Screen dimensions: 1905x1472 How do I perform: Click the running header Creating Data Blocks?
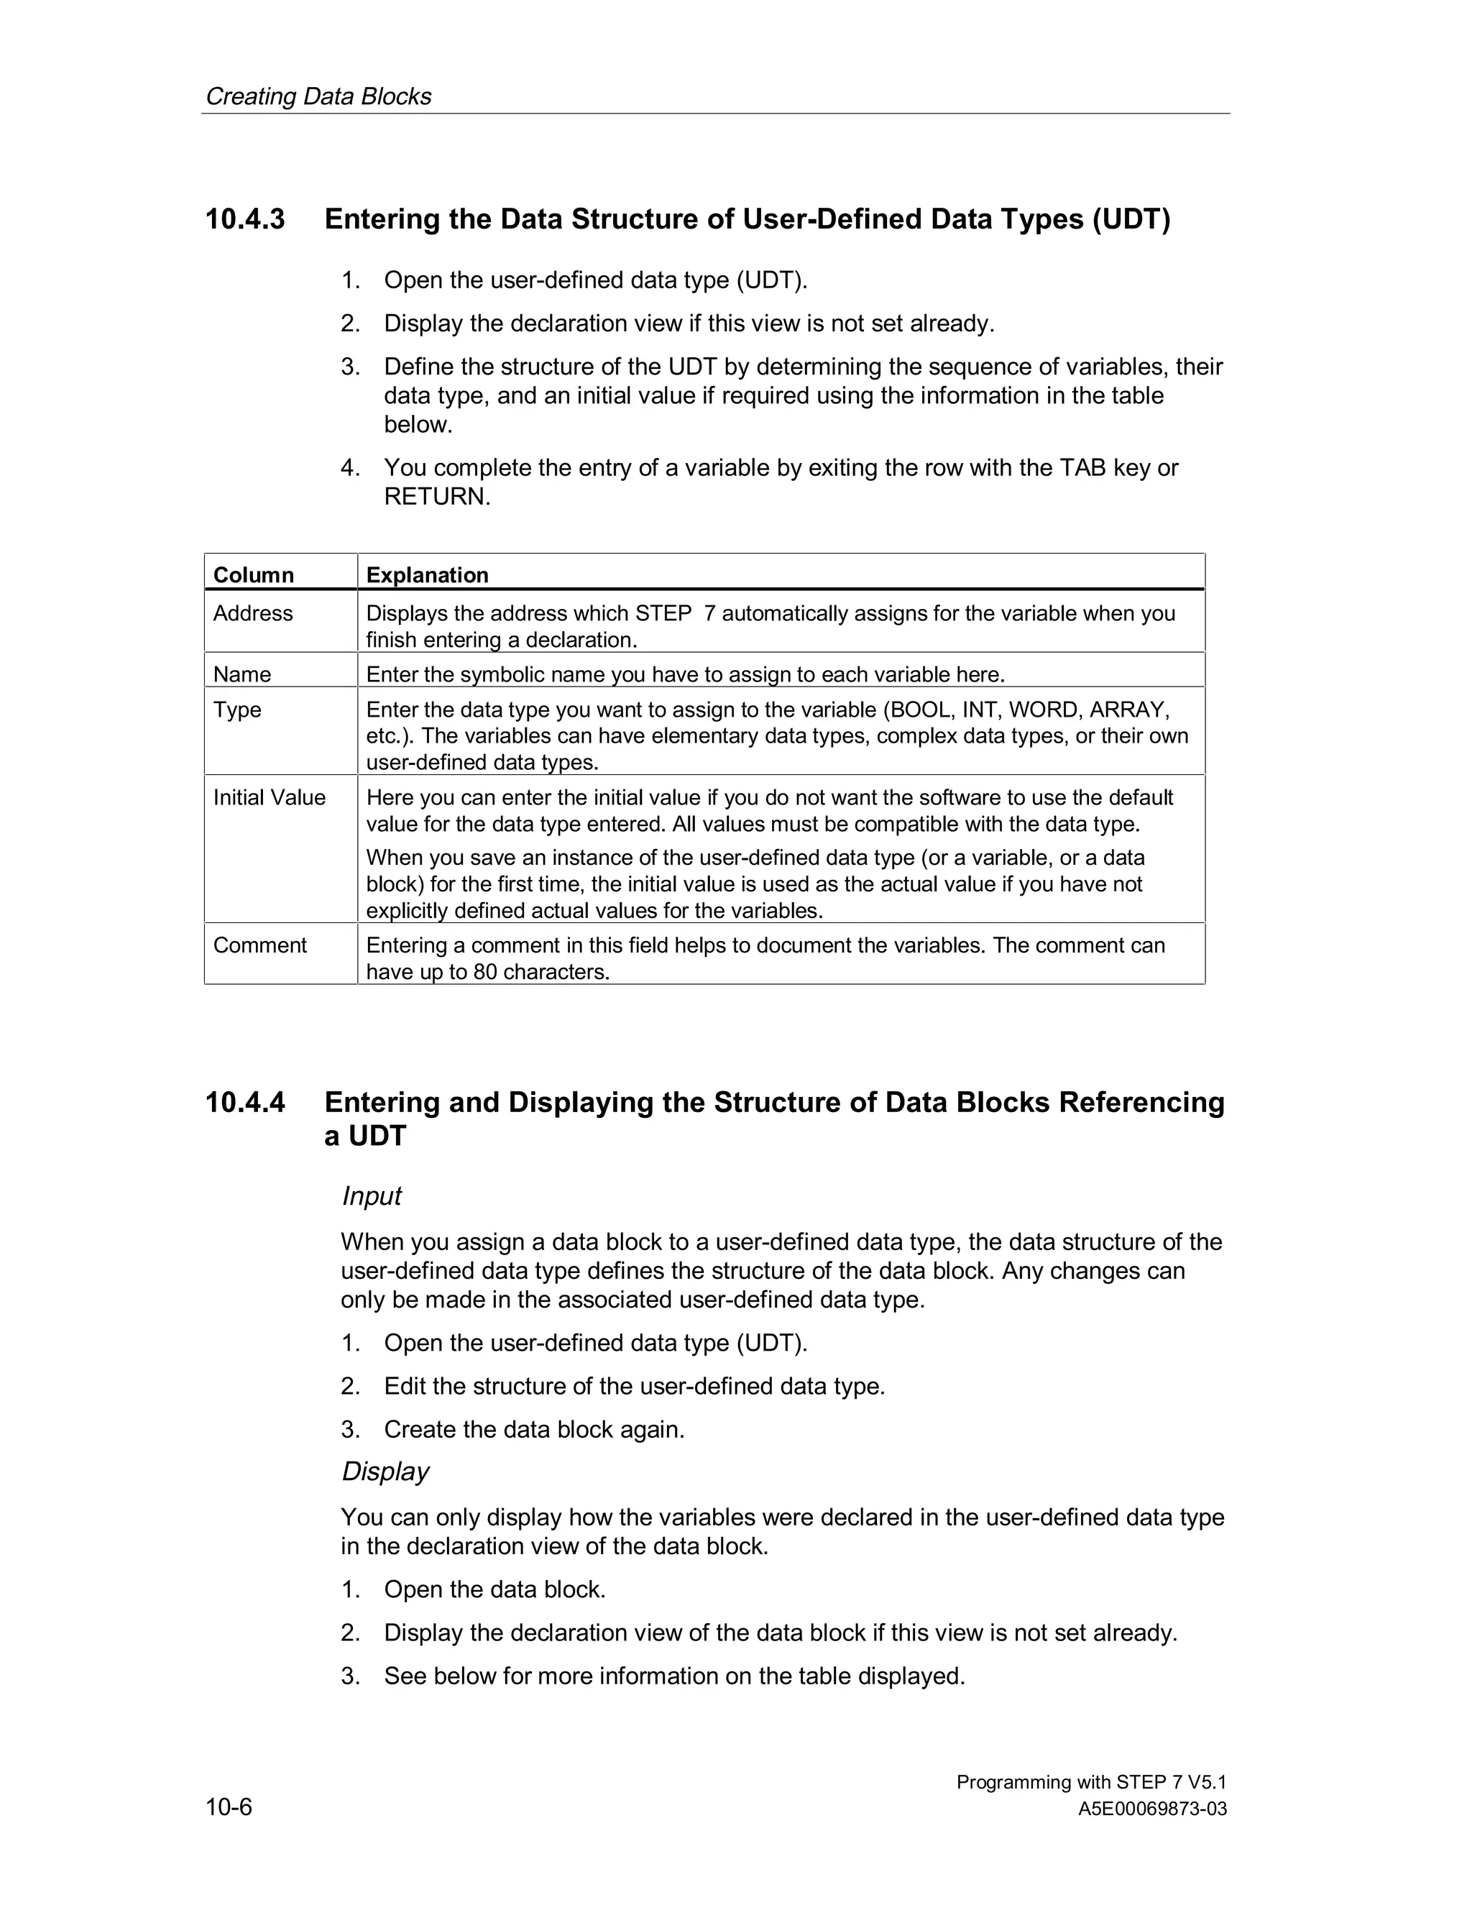(318, 96)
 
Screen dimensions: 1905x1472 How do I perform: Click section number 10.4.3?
(245, 219)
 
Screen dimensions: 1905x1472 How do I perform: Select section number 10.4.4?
(245, 1103)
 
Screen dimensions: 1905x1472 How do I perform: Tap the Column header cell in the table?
(254, 575)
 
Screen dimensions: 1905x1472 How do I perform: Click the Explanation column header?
(428, 575)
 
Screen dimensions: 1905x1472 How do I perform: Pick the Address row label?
(253, 613)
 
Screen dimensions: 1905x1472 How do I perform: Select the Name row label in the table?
(242, 674)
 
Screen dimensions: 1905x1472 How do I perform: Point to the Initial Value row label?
(270, 797)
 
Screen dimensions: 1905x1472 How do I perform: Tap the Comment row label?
(260, 945)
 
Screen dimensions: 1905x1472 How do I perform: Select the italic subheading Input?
(372, 1196)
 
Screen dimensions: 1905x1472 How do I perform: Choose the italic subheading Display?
(385, 1472)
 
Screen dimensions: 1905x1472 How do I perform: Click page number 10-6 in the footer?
(229, 1807)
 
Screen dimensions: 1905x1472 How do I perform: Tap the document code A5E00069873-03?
(1152, 1809)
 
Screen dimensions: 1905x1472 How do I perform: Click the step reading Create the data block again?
(534, 1430)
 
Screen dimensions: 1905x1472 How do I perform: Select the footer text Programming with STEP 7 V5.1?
(1091, 1782)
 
